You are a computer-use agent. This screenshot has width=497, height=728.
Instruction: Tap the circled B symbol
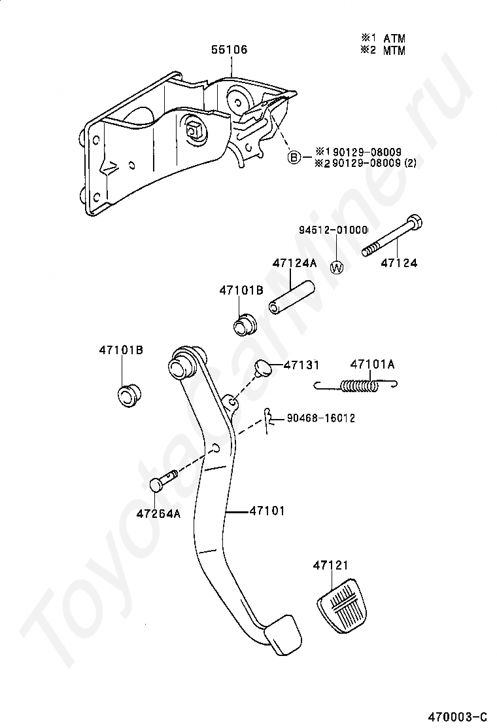(295, 157)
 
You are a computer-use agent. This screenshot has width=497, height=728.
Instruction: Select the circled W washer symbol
(337, 267)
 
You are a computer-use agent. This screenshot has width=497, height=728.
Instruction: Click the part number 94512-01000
(334, 230)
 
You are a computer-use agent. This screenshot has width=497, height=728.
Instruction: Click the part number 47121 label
(330, 564)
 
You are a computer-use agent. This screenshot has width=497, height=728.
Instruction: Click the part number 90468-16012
(320, 418)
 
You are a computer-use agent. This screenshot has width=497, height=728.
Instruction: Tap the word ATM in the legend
(394, 39)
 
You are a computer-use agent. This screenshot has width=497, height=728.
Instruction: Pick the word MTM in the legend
(394, 51)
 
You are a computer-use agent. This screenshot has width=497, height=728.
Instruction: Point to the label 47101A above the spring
(372, 364)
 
